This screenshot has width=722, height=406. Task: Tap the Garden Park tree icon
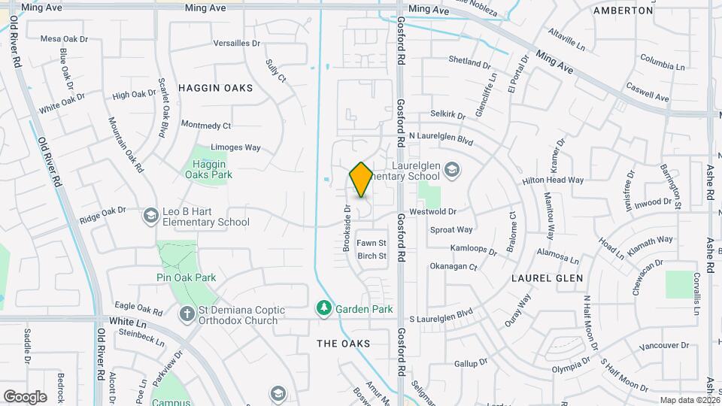click(323, 308)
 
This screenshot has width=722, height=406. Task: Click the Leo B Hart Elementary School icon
click(150, 216)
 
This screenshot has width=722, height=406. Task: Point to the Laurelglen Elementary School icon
click(451, 168)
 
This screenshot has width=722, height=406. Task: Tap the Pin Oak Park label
click(187, 277)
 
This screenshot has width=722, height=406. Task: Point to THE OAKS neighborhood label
click(343, 343)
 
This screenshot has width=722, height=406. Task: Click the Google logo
click(25, 396)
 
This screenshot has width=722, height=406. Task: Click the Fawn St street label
click(371, 243)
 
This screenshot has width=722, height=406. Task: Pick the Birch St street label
click(372, 256)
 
